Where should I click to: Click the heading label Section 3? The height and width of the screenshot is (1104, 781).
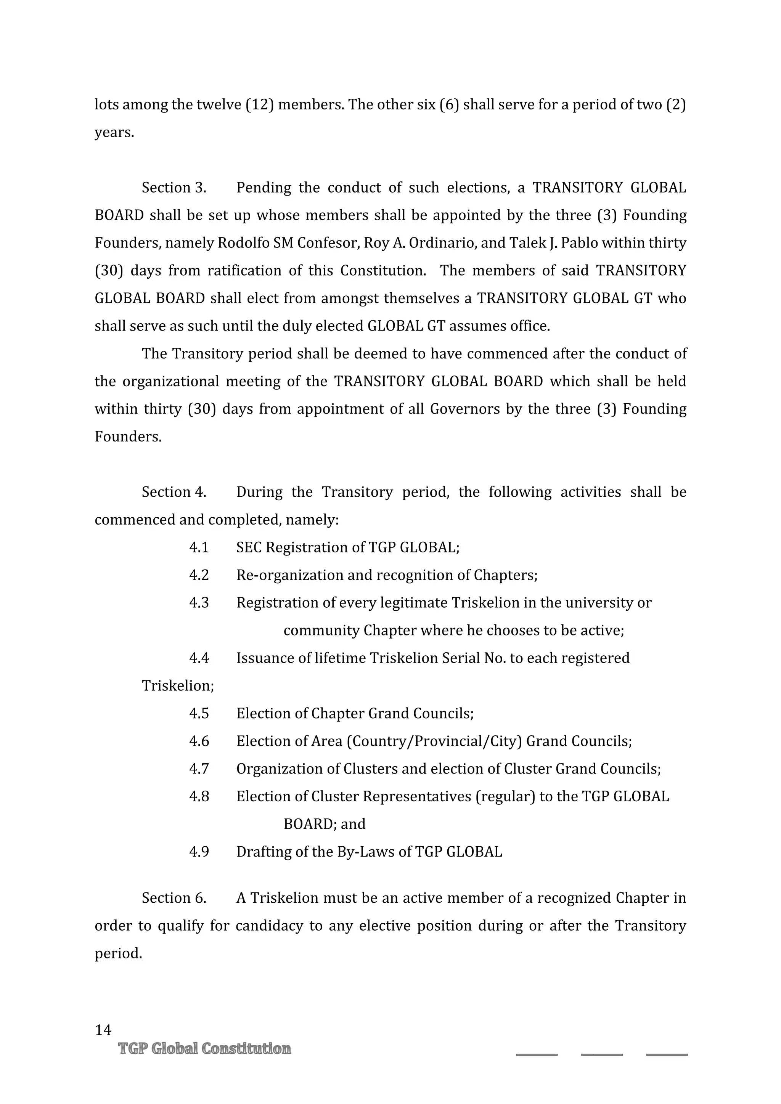tap(174, 188)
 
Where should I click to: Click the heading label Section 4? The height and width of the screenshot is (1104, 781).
tap(174, 492)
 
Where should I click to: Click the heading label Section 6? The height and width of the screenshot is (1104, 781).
tap(174, 898)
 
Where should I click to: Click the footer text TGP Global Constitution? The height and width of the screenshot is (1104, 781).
tap(204, 1048)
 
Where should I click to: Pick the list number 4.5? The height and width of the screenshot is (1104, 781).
tap(199, 713)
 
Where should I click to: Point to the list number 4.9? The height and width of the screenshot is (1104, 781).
tap(199, 852)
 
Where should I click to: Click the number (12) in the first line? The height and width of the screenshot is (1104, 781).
tap(260, 104)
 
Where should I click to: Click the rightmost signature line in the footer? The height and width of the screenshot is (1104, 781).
tap(667, 1054)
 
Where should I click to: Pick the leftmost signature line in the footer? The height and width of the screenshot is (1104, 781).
tap(537, 1054)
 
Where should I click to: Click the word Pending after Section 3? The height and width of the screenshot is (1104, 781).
tap(264, 188)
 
